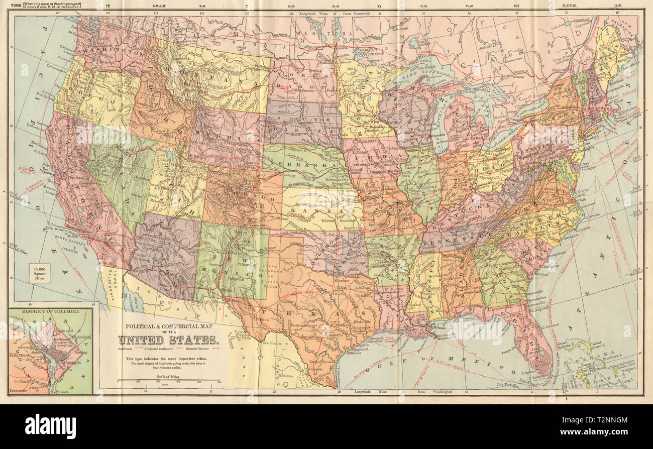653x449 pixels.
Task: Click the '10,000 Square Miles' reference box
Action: (x=39, y=273)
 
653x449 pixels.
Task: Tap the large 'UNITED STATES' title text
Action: (x=168, y=340)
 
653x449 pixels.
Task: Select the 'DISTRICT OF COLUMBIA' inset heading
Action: (x=50, y=311)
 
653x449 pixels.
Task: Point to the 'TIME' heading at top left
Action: (x=9, y=4)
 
